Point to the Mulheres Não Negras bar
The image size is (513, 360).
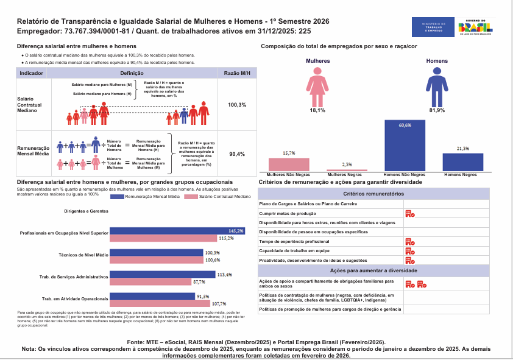[289, 164]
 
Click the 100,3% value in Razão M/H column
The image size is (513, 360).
[237, 105]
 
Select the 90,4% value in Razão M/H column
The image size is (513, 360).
[237, 154]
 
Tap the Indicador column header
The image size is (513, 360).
[32, 72]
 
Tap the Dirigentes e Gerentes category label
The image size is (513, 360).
[86, 211]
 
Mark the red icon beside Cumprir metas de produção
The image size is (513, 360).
[410, 214]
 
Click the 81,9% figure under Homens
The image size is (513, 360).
[437, 110]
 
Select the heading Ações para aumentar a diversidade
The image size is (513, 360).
[373, 270]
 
